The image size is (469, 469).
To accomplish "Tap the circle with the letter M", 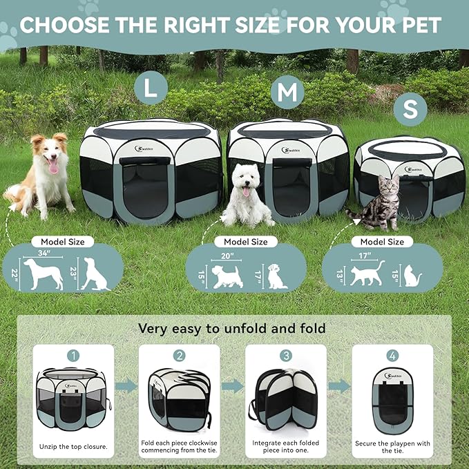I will coord(287,91).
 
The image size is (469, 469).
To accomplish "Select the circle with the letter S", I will coord(411,109).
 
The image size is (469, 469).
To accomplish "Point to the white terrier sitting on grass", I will coord(246,196).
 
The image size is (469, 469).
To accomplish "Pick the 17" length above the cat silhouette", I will coord(366,256).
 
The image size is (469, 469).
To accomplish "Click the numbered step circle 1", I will coord(74,356).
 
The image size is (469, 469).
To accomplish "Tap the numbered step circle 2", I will coord(180,356).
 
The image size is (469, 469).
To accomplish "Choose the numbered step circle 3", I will coord(286,356).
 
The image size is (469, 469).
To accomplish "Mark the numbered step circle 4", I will coord(392,356).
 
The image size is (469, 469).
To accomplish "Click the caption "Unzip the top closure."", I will coord(73,447).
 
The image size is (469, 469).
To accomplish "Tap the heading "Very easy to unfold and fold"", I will coord(232,328).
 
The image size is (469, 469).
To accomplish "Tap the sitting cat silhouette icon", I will coord(412,277).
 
